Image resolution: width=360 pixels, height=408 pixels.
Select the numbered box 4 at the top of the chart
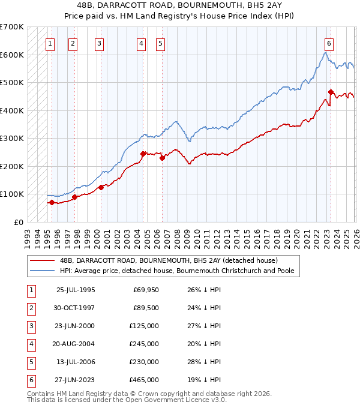pos(140,43)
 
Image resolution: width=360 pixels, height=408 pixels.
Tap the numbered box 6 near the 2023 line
pos(329,43)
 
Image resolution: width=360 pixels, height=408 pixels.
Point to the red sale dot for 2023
pos(331,92)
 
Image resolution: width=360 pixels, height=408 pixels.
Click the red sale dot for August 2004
pos(143,154)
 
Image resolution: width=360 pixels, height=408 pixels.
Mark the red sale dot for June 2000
pos(101,187)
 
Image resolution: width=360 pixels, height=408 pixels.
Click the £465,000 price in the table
pos(144,380)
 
